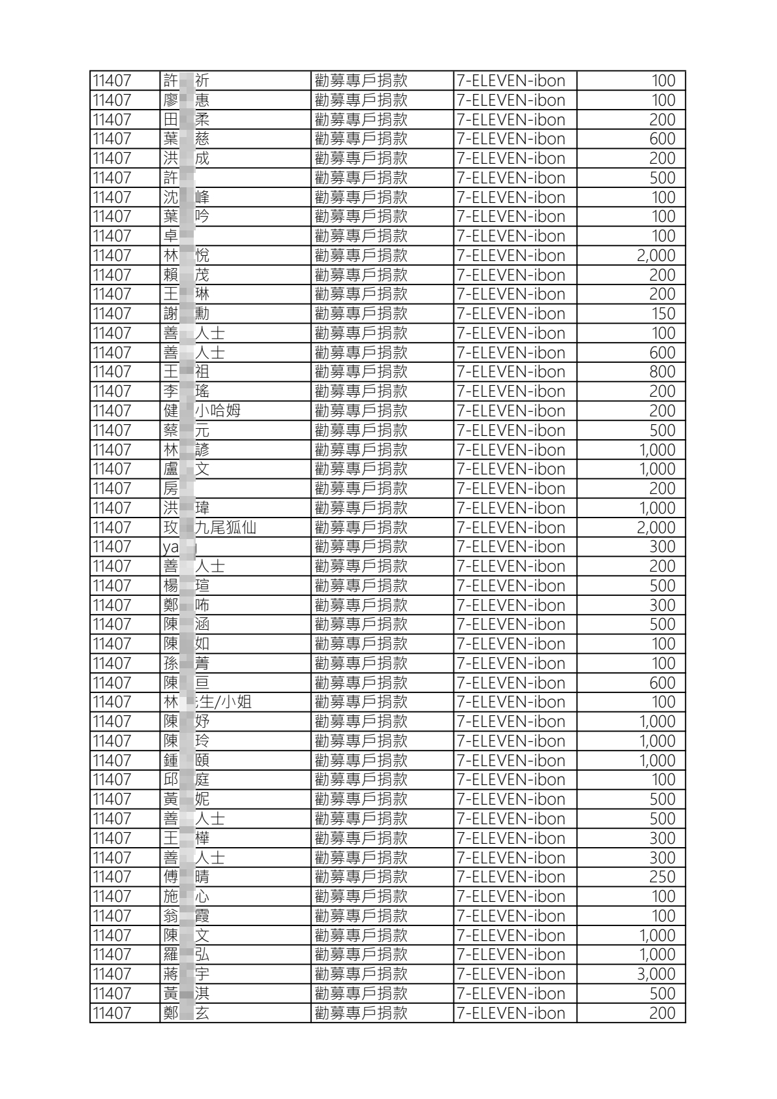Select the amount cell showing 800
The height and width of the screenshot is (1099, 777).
point(662,372)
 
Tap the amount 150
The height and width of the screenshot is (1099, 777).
point(663,314)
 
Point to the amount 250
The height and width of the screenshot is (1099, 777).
point(662,876)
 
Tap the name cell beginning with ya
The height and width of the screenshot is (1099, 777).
point(180,547)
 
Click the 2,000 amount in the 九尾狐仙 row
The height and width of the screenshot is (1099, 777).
point(656,527)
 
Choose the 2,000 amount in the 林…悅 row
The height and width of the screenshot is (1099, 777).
point(656,255)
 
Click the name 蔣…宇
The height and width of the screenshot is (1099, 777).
point(187,974)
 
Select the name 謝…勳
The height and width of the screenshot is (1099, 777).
point(187,314)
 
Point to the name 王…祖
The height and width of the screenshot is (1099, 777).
point(187,372)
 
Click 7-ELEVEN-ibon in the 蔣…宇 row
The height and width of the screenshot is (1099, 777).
point(511,974)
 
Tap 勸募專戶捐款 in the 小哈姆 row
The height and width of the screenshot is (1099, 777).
point(361,410)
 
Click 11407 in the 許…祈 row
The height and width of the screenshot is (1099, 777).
point(112,81)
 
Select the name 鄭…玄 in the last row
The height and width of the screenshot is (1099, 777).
point(187,1013)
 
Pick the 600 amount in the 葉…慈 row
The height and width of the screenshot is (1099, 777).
point(662,139)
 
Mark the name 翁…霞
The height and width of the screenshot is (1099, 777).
point(187,916)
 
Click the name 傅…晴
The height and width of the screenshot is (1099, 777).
point(187,876)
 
